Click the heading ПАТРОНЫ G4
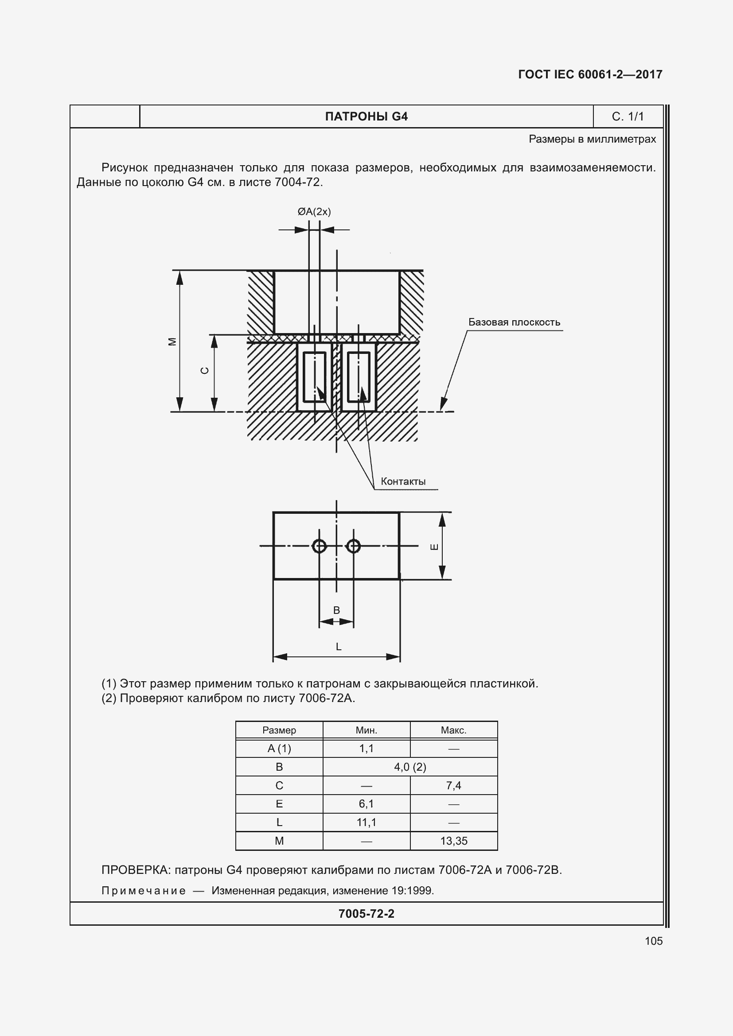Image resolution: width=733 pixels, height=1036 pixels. [x=366, y=116]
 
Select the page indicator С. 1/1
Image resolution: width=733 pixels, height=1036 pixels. [x=628, y=116]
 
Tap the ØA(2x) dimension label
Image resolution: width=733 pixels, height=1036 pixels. [x=314, y=212]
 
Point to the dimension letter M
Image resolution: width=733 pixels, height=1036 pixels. [x=172, y=341]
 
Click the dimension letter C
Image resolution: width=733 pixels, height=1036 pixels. [x=204, y=370]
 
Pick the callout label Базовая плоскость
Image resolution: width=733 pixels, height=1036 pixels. [x=514, y=322]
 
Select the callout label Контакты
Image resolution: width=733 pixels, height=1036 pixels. [x=402, y=481]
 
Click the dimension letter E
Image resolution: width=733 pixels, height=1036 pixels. [x=434, y=547]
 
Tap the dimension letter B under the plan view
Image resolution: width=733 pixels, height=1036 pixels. [x=336, y=610]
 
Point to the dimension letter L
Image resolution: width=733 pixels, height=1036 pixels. [x=339, y=647]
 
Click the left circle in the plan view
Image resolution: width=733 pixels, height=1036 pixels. [x=319, y=546]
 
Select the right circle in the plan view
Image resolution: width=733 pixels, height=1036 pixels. [x=353, y=546]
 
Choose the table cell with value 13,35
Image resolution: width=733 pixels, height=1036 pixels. [x=454, y=841]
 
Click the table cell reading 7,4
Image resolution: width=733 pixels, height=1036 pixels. [x=454, y=786]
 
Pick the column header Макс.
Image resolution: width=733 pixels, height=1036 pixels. [x=454, y=730]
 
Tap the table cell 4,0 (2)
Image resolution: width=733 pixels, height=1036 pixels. [x=410, y=767]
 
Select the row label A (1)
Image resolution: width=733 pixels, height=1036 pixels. [x=279, y=749]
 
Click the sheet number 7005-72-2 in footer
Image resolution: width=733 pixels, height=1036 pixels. [x=366, y=914]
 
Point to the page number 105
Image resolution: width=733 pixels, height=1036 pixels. [x=654, y=941]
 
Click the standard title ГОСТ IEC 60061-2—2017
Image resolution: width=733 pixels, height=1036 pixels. [x=590, y=74]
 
